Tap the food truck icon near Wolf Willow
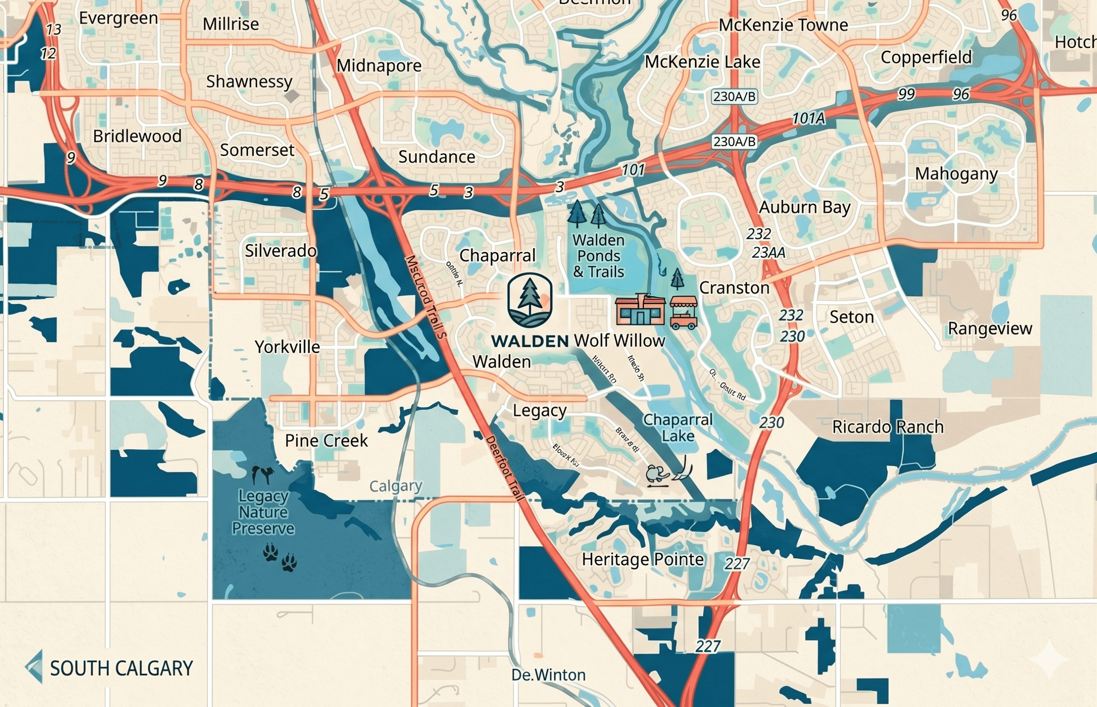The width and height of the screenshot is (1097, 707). pos(683,313)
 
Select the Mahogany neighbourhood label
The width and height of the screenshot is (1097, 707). pos(956,174)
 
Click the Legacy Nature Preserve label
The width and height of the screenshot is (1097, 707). pos(263,512)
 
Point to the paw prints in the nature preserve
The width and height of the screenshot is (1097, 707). pos(279,557)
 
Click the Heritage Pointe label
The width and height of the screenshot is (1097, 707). pos(643,559)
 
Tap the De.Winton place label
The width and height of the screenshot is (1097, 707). pos(548,675)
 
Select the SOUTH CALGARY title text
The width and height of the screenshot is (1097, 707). pos(121,668)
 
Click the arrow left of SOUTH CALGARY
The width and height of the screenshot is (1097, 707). pos(34,666)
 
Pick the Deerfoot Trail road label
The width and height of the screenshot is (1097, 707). pos(504,468)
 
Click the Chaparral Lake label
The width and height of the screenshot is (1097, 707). pos(677,428)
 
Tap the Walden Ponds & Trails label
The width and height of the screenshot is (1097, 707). pos(599,256)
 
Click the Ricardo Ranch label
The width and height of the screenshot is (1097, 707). pos(888,427)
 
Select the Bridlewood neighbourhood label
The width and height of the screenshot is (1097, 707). pos(137,136)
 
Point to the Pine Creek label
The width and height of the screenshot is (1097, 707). pos(326,441)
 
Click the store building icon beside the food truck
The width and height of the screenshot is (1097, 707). pos(640,310)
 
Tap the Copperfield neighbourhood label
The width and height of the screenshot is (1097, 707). pos(926,57)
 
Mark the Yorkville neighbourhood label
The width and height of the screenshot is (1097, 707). pos(288,347)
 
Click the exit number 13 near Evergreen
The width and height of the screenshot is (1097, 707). pos(54,30)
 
